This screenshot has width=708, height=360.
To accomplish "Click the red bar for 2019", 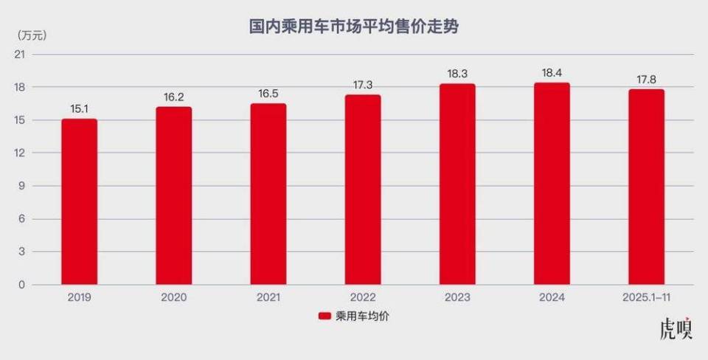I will coord(79,201).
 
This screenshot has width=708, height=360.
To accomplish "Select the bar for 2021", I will coord(268,194).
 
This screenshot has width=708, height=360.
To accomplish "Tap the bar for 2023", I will coord(457,184).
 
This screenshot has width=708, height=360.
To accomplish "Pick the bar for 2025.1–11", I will coord(646,187).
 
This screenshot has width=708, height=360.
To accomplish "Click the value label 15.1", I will coord(79,109).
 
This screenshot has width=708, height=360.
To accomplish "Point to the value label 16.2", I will coord(173,97).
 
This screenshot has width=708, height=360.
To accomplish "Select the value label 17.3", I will coord(363,85).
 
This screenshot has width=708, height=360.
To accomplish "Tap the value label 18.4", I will coord(552,72).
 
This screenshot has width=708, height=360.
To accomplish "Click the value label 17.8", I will coord(646,79).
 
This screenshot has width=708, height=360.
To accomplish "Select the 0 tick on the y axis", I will coord(22,285).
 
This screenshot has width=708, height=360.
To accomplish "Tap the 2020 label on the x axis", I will coord(173,297).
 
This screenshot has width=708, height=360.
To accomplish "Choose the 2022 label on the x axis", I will coord(363,297).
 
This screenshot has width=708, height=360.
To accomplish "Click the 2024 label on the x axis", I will coord(552,297).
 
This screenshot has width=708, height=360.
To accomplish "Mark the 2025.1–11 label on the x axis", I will coord(646,297).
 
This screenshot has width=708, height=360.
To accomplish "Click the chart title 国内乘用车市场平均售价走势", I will coord(354,27).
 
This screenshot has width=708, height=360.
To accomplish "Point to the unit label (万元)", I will coord(28,35).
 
